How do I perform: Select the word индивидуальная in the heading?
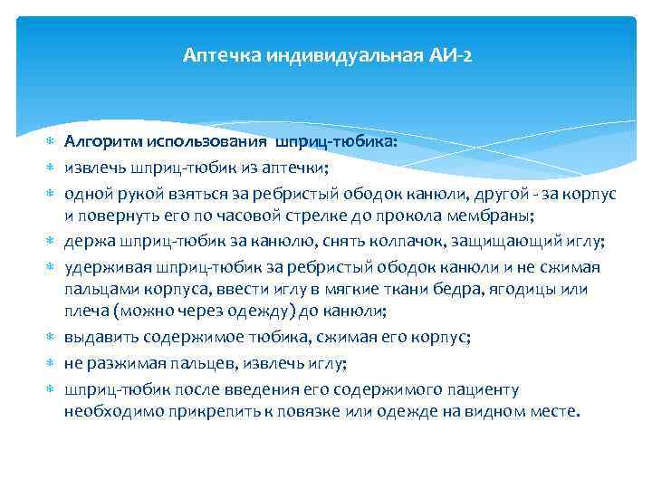tap(342, 56)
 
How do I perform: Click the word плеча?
tap(84, 312)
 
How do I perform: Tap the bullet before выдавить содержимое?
tap(50, 338)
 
